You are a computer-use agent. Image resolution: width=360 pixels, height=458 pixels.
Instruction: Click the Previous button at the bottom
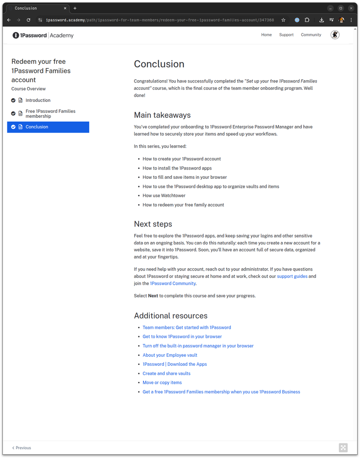pyautogui.click(x=22, y=448)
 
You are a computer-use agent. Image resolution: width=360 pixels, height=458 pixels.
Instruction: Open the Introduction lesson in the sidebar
pyautogui.click(x=38, y=100)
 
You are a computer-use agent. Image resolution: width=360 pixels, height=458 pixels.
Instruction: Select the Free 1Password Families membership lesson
pyautogui.click(x=50, y=114)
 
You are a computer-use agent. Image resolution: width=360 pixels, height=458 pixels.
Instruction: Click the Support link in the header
pyautogui.click(x=286, y=35)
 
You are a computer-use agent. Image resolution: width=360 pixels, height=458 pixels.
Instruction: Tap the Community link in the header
pyautogui.click(x=311, y=35)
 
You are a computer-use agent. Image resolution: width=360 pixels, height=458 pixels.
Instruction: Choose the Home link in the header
pyautogui.click(x=266, y=35)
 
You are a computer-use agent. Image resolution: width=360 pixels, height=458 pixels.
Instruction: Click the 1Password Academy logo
pyautogui.click(x=43, y=35)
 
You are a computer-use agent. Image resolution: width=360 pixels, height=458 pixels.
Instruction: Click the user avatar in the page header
pyautogui.click(x=335, y=35)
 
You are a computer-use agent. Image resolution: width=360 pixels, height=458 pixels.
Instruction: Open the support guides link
pyautogui.click(x=292, y=276)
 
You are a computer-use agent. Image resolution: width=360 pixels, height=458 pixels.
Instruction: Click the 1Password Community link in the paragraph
pyautogui.click(x=173, y=283)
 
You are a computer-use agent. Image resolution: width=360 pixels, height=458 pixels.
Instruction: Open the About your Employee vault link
pyautogui.click(x=169, y=355)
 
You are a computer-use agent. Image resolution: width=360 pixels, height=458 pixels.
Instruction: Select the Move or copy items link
pyautogui.click(x=162, y=383)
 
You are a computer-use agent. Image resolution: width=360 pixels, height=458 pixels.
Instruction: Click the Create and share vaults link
pyautogui.click(x=166, y=374)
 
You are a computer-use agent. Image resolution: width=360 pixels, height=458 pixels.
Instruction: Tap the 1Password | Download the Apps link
pyautogui.click(x=175, y=364)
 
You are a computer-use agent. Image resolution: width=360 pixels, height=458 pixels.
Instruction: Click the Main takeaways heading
pyautogui.click(x=162, y=115)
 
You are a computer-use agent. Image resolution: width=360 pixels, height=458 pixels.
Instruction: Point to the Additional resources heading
pyautogui.click(x=170, y=316)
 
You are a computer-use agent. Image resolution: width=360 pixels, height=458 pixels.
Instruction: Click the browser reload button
pyautogui.click(x=28, y=20)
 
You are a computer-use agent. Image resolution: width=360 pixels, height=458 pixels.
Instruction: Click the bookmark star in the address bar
pyautogui.click(x=284, y=20)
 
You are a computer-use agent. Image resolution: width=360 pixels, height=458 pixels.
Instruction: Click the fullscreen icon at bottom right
pyautogui.click(x=343, y=448)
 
